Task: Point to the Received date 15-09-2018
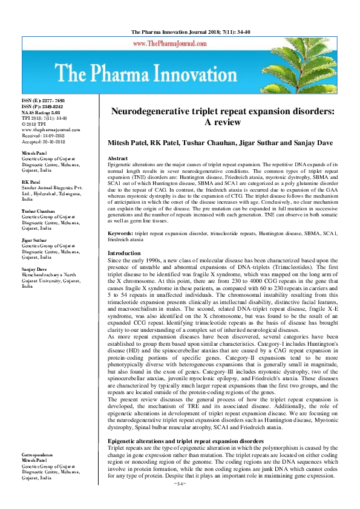tap(43, 135)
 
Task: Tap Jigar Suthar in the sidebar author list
tap(34, 239)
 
